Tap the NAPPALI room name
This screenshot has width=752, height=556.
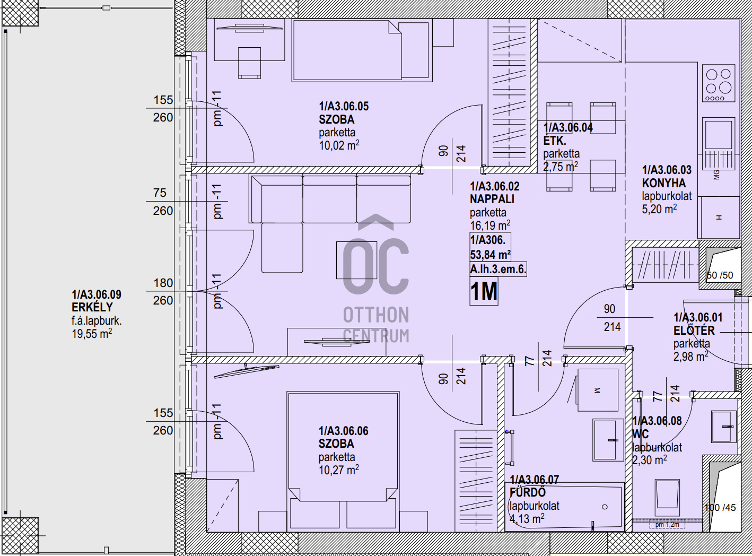tap(492, 199)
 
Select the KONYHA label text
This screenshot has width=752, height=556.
tap(664, 183)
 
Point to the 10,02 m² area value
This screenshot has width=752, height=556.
tap(339, 145)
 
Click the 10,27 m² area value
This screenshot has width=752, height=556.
tap(339, 470)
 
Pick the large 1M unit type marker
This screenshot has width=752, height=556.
tap(484, 291)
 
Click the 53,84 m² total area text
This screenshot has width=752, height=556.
tap(491, 254)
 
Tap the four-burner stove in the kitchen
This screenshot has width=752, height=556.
tap(719, 83)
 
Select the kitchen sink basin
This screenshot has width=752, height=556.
tap(718, 135)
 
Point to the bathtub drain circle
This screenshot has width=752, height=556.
tap(605, 507)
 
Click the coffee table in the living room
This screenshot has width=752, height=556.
tap(357, 260)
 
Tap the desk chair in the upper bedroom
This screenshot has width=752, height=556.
tap(250, 63)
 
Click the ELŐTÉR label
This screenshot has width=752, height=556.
tap(694, 331)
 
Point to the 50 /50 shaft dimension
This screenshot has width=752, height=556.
tap(720, 275)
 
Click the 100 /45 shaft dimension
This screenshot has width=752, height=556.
tap(720, 508)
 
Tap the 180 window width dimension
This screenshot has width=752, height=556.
tap(163, 283)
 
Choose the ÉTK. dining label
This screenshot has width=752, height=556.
tap(555, 141)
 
